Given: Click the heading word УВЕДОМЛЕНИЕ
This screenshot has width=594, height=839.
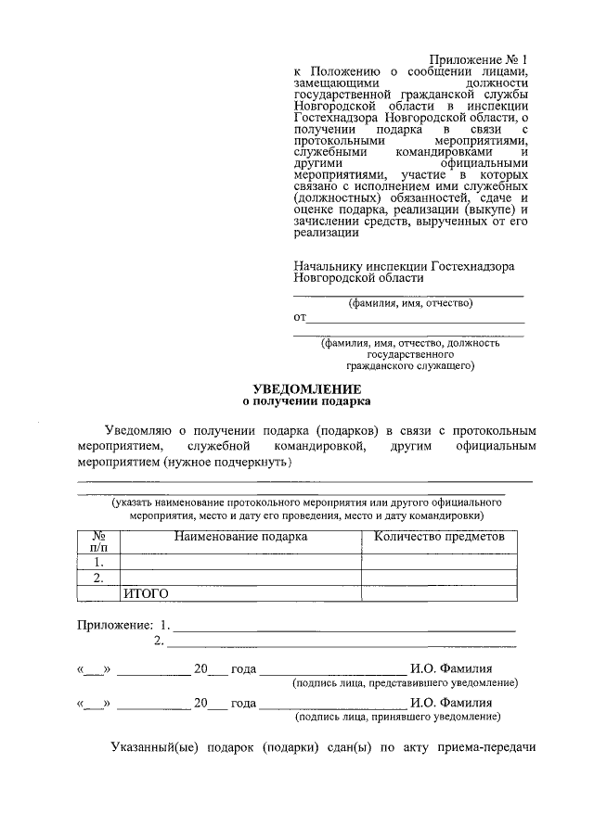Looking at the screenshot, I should [306, 389].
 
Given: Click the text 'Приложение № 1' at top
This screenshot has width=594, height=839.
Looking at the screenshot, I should [482, 60].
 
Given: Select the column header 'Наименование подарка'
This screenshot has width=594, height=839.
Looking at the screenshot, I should [240, 537].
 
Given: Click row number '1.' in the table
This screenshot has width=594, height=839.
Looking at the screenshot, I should [98, 562].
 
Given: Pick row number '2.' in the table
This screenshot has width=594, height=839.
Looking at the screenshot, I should [98, 578].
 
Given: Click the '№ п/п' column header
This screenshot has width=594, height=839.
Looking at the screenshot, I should [98, 542].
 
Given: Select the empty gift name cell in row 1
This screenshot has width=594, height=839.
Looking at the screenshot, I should [240, 562].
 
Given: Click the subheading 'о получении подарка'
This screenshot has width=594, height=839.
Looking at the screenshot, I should [306, 402].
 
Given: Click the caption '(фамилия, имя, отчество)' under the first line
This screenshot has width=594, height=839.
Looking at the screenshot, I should [410, 303].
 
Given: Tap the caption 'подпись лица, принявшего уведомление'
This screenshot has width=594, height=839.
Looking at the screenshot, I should [398, 717].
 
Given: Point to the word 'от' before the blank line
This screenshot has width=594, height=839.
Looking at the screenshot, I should [300, 318].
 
